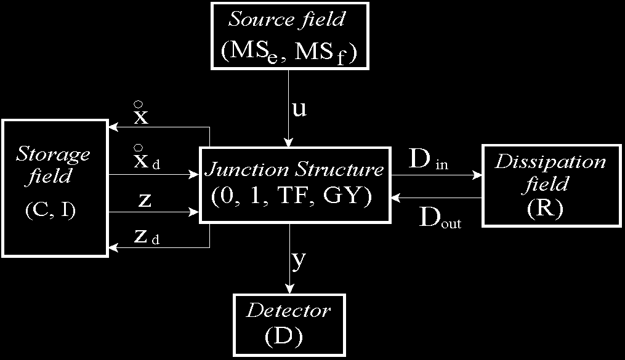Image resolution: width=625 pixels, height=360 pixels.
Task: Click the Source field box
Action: point(289,34)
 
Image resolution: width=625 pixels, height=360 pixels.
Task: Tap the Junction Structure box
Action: point(294,184)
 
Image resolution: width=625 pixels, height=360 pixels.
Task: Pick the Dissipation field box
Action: point(550,185)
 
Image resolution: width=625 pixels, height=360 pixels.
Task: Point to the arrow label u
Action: point(299,109)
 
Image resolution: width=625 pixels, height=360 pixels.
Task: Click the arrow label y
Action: point(299,260)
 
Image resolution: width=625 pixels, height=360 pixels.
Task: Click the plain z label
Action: point(145,202)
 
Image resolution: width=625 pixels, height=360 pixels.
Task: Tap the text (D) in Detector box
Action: point(288,335)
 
